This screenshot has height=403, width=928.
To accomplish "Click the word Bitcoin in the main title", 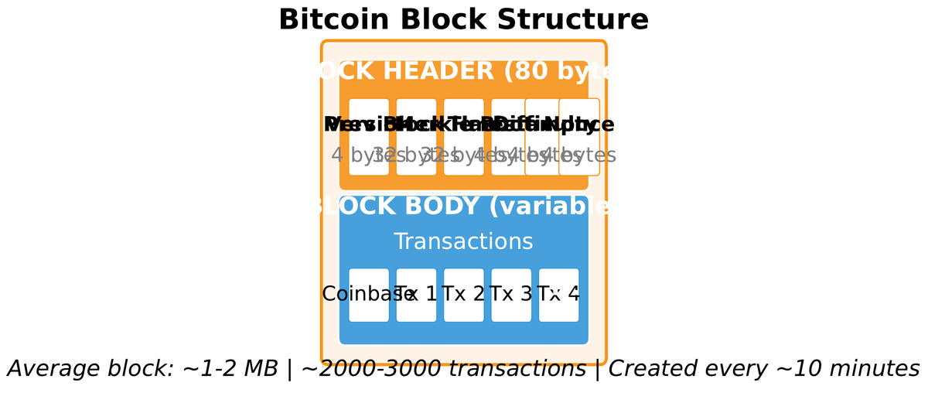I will [329, 20].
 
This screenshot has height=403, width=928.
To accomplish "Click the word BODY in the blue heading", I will [440, 207].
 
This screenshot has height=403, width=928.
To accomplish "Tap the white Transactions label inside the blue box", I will [463, 241].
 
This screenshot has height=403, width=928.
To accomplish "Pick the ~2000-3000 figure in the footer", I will [370, 369].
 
